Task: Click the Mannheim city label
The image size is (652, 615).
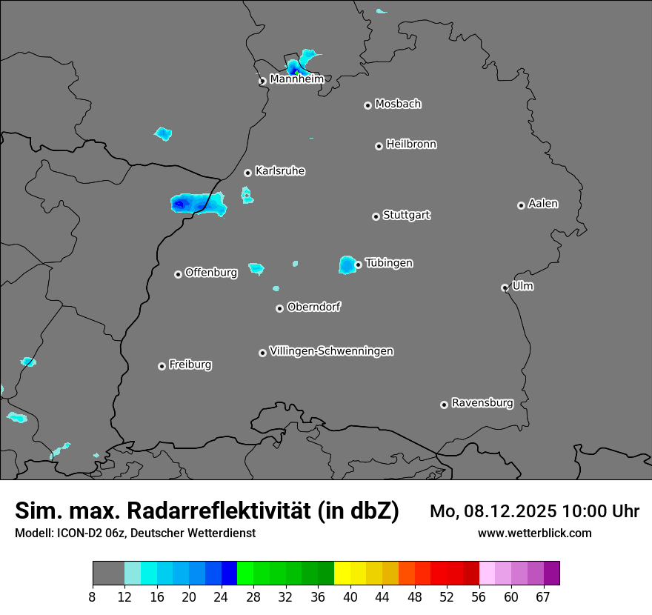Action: click(296, 79)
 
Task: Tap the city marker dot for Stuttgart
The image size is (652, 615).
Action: click(376, 216)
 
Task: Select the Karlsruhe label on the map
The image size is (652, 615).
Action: click(280, 171)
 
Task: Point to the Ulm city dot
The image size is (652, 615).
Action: click(505, 287)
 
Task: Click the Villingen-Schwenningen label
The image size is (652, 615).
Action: click(331, 351)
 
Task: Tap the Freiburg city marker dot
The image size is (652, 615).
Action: click(162, 366)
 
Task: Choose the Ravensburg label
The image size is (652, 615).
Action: click(482, 403)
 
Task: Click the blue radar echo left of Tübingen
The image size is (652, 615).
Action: click(347, 265)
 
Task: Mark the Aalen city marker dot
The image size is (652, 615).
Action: click(521, 205)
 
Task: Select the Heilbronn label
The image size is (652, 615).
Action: click(411, 144)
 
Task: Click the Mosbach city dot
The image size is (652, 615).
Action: click(367, 105)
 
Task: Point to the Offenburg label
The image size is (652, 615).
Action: click(211, 273)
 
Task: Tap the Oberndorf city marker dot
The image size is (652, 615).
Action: click(279, 308)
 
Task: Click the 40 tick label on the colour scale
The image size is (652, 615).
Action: click(350, 596)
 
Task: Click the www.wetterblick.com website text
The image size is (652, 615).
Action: click(535, 533)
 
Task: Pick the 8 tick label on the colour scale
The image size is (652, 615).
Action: click(92, 596)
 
